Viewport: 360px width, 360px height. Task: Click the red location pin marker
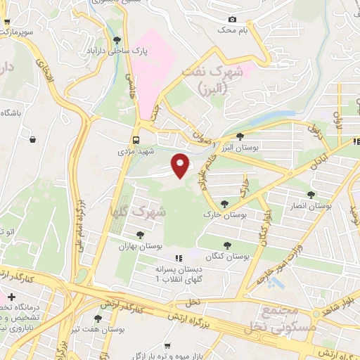click(181, 165)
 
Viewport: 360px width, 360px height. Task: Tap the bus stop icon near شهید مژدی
click(136, 140)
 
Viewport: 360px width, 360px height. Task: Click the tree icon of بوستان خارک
click(224, 203)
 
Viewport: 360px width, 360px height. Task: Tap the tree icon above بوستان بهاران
click(141, 235)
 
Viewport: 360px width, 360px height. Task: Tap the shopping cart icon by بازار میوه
click(167, 345)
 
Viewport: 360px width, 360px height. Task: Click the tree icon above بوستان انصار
click(311, 194)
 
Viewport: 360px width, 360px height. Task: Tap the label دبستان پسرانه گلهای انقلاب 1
click(179, 274)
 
